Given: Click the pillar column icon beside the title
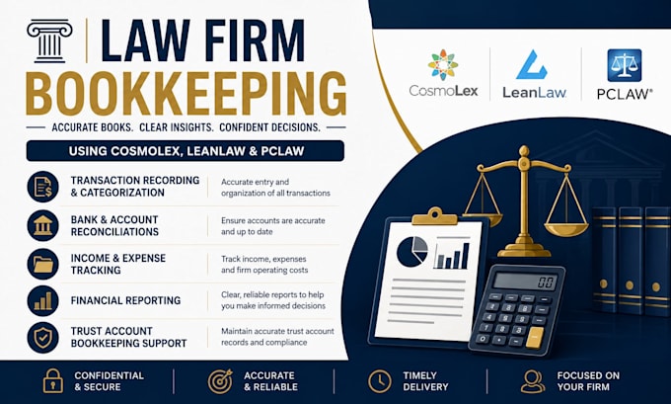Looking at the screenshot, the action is pos(49,41).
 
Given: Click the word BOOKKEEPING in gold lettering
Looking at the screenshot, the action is pos(186,94).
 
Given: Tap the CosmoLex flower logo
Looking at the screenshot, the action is pos(443,64).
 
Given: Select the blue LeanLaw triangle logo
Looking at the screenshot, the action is pos(532,64).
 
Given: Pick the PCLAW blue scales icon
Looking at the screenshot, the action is pos(625,65).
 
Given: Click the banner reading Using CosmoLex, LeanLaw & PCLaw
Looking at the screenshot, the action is pos(186,151).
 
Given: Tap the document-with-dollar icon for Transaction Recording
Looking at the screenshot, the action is pos(42,187).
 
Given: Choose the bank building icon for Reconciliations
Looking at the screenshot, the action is pos(42,225).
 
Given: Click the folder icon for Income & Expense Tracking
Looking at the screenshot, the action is pos(42,264).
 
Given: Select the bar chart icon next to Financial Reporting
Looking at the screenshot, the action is pos(42,300).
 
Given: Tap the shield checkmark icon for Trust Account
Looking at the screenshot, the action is pos(42,337).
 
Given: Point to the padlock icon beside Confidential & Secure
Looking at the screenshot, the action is pos(53,381).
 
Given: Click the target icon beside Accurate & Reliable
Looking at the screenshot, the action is pos(220,381).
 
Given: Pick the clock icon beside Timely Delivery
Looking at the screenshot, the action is pos(380,381).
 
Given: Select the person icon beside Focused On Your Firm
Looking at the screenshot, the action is pos(533,381).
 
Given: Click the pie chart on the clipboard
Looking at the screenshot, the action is pos(412,252).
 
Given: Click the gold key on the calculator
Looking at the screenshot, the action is pos(535,337).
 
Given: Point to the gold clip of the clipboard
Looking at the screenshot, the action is pos(434,216).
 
